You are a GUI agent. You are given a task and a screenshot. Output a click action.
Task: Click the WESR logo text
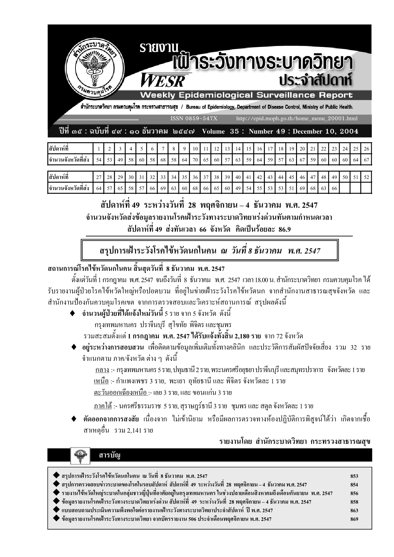click(x=163, y=80)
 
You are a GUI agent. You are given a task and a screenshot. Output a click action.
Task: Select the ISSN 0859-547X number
click(x=195, y=118)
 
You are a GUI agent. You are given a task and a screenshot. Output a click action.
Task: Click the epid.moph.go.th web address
click(x=297, y=118)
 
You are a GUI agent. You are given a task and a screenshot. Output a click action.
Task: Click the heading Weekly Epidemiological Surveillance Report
click(x=246, y=95)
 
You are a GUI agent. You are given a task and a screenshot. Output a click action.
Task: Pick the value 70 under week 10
click(x=195, y=160)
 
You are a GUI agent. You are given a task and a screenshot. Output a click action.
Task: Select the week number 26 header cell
click(x=366, y=149)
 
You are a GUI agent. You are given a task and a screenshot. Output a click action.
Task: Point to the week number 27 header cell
click(x=99, y=177)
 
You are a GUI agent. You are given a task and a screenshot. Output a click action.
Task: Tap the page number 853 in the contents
click(x=354, y=476)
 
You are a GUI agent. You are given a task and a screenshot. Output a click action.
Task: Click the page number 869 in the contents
click(x=354, y=519)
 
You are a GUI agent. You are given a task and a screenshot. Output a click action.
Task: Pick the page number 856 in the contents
click(x=354, y=493)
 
